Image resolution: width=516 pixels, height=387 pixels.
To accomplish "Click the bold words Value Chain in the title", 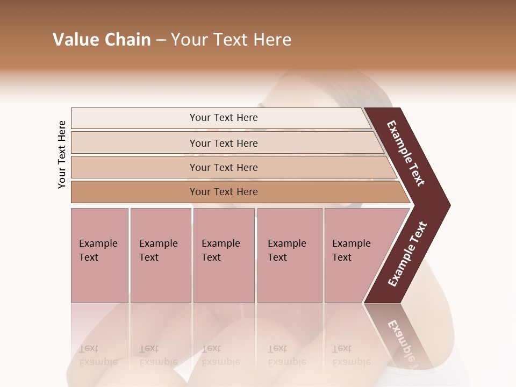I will coord(102,40).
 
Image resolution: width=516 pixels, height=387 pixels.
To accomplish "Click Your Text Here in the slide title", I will coord(231,40).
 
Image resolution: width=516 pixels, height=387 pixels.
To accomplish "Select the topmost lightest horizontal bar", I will coord(134,118).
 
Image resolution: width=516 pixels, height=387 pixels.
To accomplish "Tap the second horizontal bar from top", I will coord(134,143).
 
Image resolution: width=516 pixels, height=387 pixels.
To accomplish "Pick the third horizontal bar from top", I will coord(134,168).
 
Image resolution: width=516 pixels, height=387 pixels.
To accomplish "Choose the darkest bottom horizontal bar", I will coord(134,192).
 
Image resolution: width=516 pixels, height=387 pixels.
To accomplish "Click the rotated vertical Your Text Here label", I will coord(62,154).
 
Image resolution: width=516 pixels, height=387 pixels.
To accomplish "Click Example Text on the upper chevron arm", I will coord(406,153).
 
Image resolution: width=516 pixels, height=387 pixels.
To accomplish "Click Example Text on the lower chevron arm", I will coord(407,254).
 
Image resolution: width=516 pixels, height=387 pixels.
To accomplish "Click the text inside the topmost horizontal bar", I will coord(224,118).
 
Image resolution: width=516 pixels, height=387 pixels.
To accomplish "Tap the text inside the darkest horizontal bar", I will coord(224,192).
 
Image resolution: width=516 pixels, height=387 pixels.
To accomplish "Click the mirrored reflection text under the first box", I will coord(98,355).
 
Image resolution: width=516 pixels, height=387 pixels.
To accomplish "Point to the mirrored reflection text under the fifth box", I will coord(351,355).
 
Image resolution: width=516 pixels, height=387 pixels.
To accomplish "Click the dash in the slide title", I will coord(161,40).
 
